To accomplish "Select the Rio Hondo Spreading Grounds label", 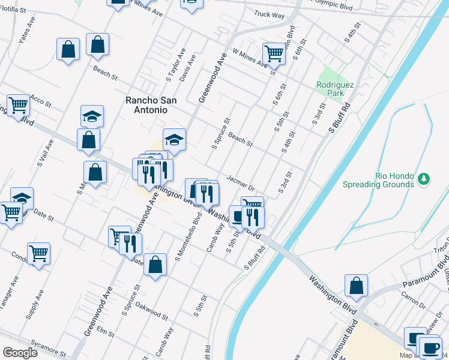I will (379, 180).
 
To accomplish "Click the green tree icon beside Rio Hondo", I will (424, 179).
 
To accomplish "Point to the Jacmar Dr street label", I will (242, 183).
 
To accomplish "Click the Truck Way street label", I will (268, 14).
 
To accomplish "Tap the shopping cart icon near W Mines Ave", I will (274, 53).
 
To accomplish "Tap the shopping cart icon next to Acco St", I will (19, 105).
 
